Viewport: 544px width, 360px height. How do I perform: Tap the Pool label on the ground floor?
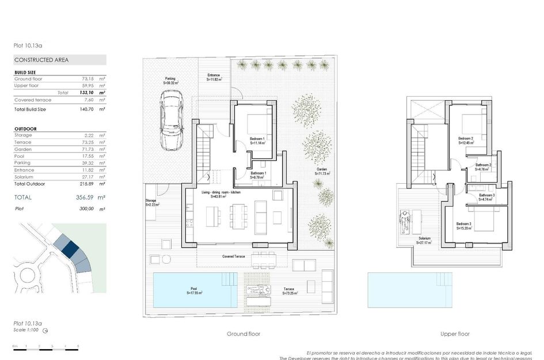(194, 291)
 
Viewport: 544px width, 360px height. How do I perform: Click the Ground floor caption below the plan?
(244, 334)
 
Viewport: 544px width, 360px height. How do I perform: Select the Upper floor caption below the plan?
(455, 334)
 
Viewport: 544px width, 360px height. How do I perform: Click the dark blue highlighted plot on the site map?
(70, 249)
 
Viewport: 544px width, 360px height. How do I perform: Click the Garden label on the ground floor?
(321, 172)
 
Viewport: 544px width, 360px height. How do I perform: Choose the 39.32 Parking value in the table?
(89, 163)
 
